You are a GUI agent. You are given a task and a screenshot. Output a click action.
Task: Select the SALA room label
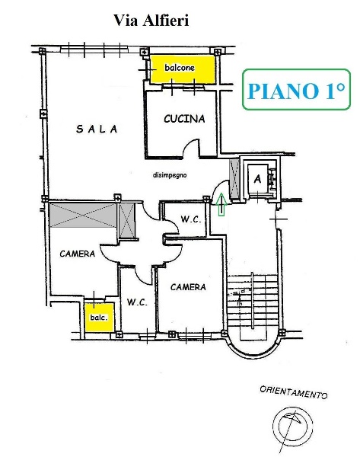point(97,129)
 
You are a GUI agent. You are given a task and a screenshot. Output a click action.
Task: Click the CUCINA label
point(184,119)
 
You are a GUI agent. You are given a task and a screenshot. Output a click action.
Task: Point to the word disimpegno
point(170,175)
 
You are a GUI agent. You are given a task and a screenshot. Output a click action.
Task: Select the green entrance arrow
point(221,203)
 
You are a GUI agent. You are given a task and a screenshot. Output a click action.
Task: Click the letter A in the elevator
point(258,180)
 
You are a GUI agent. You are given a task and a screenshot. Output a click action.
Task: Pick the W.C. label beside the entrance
point(190,220)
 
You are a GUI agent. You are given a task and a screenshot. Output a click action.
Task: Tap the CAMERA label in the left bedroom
point(77,254)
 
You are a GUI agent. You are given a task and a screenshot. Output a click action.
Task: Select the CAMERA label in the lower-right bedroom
point(188,287)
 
